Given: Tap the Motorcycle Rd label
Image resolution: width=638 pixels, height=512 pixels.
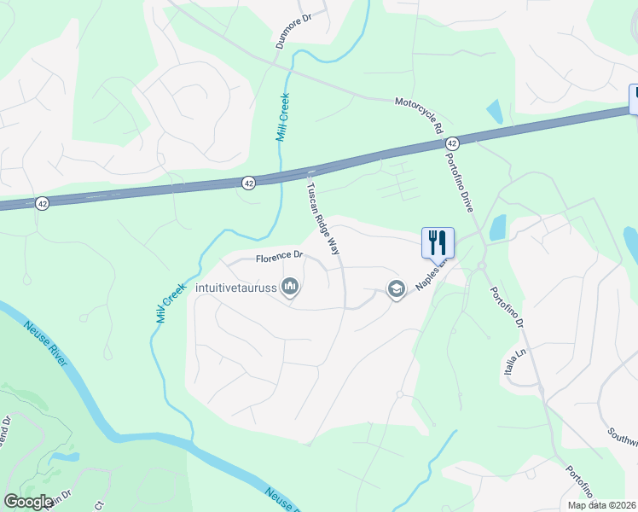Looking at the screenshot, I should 419,115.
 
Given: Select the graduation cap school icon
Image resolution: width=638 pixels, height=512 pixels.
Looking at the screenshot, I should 396,289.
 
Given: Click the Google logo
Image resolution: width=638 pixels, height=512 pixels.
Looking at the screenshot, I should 28,502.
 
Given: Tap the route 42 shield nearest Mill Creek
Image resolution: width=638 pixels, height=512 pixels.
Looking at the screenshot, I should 248,183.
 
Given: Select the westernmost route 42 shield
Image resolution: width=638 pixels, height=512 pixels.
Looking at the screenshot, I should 42,203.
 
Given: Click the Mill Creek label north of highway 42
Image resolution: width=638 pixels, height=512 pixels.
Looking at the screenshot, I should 281,118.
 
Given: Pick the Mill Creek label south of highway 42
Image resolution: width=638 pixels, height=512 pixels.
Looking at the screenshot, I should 171,303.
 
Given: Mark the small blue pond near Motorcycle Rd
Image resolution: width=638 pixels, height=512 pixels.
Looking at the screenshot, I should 494,111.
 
